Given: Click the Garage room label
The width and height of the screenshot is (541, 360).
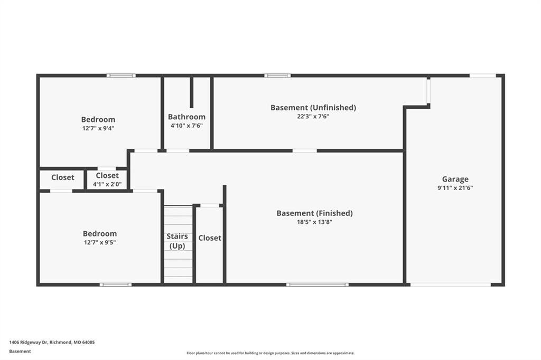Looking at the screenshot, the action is [x=455, y=179].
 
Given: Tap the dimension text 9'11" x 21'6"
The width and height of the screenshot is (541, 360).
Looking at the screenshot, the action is [x=455, y=188].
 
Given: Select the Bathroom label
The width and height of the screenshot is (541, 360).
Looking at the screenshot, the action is [x=186, y=117].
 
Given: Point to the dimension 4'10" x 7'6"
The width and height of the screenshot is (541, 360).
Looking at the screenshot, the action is [x=186, y=126].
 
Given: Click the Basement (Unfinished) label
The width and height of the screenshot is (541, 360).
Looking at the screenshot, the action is [x=313, y=108].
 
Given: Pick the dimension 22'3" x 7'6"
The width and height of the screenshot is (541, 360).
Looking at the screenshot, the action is [x=313, y=117].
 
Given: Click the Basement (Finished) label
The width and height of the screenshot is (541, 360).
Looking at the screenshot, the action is [x=315, y=213].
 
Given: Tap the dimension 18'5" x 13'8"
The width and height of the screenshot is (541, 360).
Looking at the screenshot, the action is [x=315, y=222].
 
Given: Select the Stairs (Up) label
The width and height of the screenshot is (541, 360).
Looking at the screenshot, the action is [x=178, y=241].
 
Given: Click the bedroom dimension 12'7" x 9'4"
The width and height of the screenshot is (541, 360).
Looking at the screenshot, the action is [x=98, y=129].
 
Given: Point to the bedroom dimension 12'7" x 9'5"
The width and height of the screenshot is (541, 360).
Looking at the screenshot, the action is [x=100, y=242].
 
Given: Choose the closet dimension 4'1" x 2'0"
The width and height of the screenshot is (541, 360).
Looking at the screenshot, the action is [x=107, y=184].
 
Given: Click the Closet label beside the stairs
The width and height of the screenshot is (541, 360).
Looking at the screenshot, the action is [x=210, y=238].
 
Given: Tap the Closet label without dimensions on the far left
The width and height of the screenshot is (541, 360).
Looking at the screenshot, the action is [x=63, y=177].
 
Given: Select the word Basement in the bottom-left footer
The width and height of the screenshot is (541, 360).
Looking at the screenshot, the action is [x=20, y=352].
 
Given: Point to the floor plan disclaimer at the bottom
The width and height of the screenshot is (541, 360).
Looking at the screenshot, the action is [x=270, y=353].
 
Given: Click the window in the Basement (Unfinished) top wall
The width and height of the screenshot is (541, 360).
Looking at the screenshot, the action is [x=278, y=75].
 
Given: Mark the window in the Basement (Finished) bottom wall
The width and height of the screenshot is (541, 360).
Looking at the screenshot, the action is [x=318, y=285].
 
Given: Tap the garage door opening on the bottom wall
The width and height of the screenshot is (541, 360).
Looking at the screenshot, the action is [x=451, y=285].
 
